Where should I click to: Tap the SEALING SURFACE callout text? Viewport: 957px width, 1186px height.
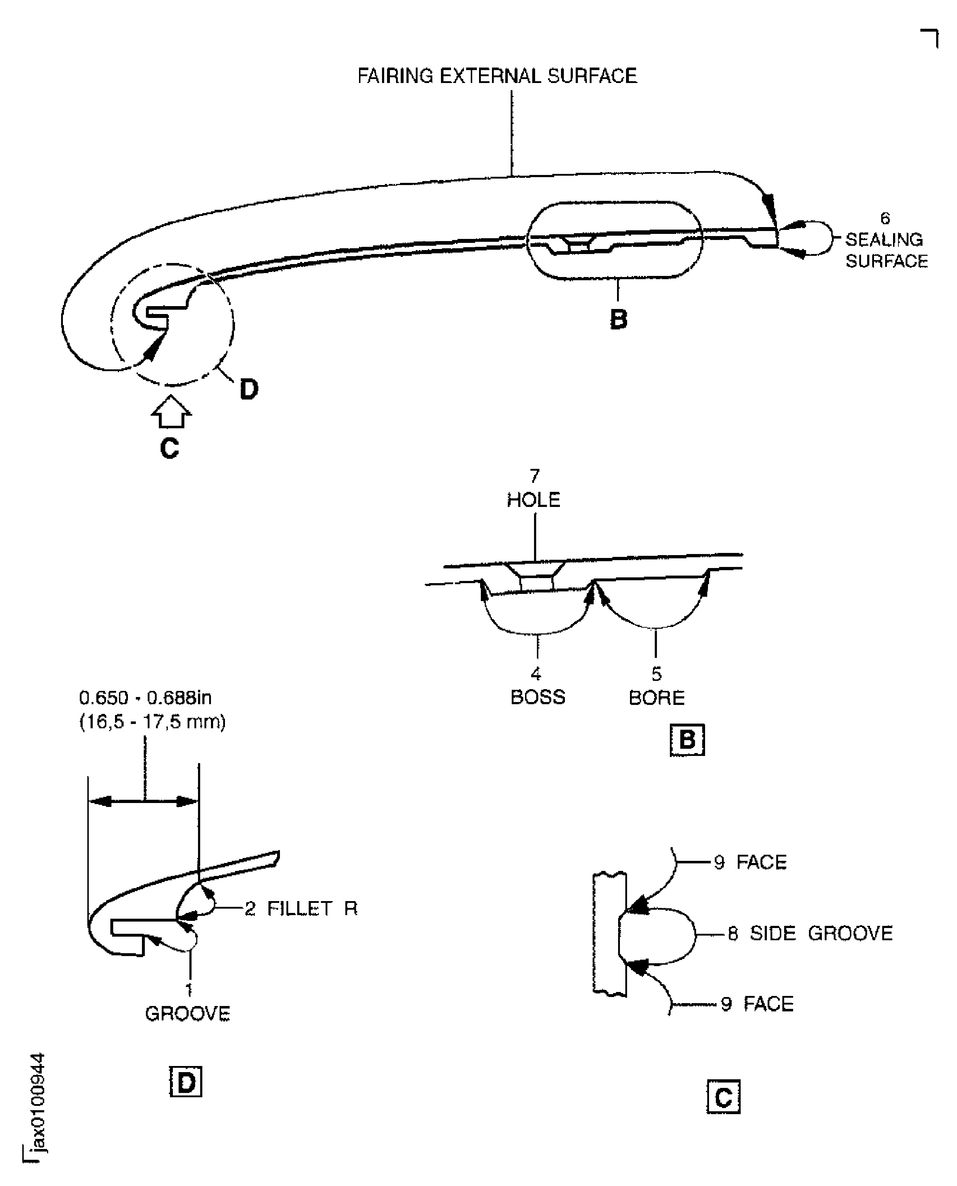[886, 250]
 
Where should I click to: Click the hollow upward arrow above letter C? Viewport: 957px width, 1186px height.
[171, 413]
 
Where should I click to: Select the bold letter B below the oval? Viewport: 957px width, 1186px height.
[618, 319]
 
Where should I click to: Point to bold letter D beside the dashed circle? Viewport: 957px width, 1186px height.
[249, 389]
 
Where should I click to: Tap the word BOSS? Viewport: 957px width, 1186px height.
[538, 697]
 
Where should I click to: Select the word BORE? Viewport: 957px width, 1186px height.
[657, 698]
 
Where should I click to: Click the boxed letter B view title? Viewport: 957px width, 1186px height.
[687, 740]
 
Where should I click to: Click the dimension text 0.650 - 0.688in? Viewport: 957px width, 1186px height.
[145, 698]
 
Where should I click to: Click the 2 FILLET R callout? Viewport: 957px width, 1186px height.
[301, 908]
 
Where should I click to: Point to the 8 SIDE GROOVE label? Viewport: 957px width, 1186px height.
[810, 933]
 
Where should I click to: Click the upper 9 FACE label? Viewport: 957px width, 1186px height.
[750, 862]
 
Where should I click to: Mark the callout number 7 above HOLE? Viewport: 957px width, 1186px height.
[534, 476]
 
